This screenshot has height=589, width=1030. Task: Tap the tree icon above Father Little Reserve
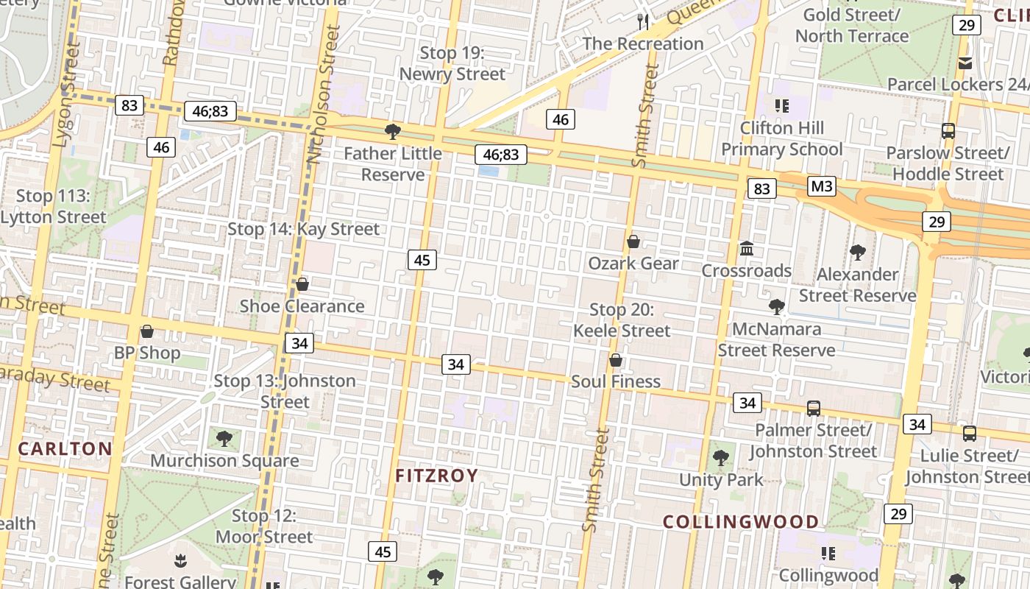pyautogui.click(x=393, y=132)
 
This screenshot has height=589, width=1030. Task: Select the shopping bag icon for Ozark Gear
pyautogui.click(x=633, y=241)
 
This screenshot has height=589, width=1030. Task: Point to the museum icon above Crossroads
pyautogui.click(x=747, y=249)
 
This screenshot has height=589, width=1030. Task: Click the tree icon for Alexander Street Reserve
pyautogui.click(x=857, y=253)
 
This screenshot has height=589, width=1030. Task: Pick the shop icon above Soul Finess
pyautogui.click(x=616, y=360)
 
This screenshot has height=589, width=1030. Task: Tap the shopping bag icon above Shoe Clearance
pyautogui.click(x=302, y=284)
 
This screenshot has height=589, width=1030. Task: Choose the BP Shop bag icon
pyautogui.click(x=147, y=331)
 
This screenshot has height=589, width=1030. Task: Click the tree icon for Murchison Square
pyautogui.click(x=224, y=439)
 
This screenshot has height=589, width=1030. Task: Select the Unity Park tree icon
pyautogui.click(x=721, y=457)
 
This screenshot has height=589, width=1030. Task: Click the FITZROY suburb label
pyautogui.click(x=437, y=476)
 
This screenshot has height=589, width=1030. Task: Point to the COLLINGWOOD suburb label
pyautogui.click(x=741, y=522)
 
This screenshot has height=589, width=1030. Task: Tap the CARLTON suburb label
pyautogui.click(x=65, y=448)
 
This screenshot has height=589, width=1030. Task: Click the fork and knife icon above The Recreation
pyautogui.click(x=644, y=21)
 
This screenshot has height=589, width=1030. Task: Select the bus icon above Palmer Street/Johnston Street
pyautogui.click(x=814, y=408)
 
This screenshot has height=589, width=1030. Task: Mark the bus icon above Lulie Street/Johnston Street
pyautogui.click(x=970, y=434)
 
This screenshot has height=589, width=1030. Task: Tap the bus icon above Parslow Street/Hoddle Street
pyautogui.click(x=948, y=131)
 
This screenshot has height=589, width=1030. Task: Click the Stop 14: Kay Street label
pyautogui.click(x=303, y=229)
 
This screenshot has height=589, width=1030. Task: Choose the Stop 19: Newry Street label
pyautogui.click(x=452, y=63)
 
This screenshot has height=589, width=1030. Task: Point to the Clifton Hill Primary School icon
pyautogui.click(x=781, y=106)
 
